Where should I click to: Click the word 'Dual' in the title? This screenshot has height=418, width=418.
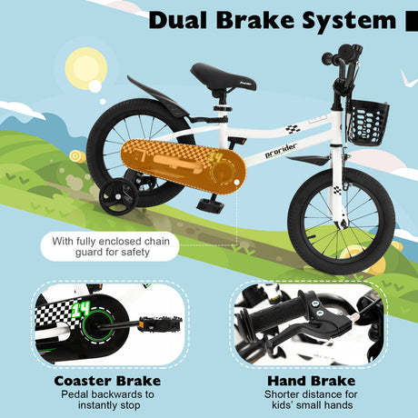point(178,20)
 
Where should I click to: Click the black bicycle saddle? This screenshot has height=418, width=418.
point(224,77)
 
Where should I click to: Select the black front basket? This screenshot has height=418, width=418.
point(368,123)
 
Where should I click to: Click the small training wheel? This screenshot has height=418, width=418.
point(118,197)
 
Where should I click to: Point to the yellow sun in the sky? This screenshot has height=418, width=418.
point(86,69)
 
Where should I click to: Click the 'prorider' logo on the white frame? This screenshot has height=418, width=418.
point(281,150)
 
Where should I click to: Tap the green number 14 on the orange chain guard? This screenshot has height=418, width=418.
point(215,158)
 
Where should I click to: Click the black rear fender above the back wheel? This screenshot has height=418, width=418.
point(157,97)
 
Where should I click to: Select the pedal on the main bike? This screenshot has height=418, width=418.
point(211,204)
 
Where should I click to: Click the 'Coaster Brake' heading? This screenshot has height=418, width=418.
point(107,381)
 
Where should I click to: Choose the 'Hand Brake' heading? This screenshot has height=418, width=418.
point(312,381)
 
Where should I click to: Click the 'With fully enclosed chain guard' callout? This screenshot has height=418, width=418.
point(110,246)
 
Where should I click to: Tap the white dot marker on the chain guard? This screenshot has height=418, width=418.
point(237,183)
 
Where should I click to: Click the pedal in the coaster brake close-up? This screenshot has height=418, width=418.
point(160,323)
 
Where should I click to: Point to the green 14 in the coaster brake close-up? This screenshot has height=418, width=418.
point(80,310)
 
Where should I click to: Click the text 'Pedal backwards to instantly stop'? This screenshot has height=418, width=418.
point(108,400)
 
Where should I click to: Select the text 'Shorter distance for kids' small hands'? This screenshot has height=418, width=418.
point(311,400)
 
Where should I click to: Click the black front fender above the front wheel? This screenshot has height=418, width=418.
point(308,161)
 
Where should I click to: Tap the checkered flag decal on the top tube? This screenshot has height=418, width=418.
point(293,129)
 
